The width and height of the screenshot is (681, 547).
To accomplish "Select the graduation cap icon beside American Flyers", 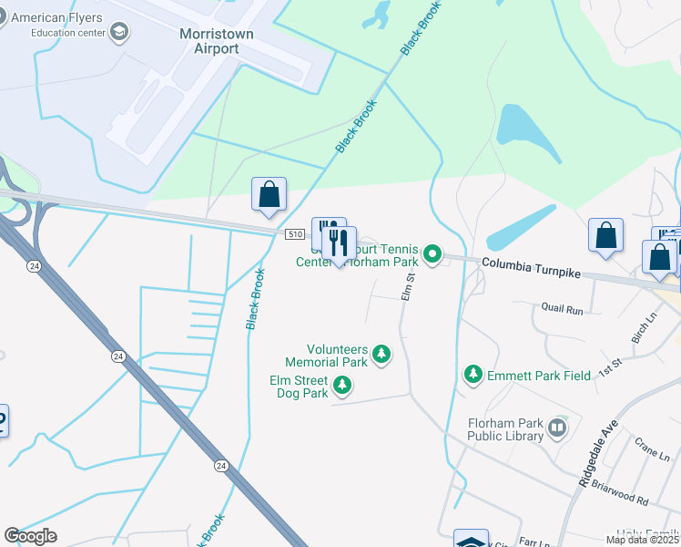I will coord(118,34).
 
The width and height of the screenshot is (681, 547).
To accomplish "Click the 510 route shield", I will coord(293,234).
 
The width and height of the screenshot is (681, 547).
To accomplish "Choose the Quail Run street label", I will coord(562,309).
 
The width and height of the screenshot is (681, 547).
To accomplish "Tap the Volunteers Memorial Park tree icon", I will coord(381,354).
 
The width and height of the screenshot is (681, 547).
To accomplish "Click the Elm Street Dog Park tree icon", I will coord(342,387).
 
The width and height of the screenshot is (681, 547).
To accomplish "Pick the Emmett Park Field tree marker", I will coord(473,374).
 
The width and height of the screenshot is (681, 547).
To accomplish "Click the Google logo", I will coord(30,536).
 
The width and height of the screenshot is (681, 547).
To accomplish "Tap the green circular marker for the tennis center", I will coord(433,254).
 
